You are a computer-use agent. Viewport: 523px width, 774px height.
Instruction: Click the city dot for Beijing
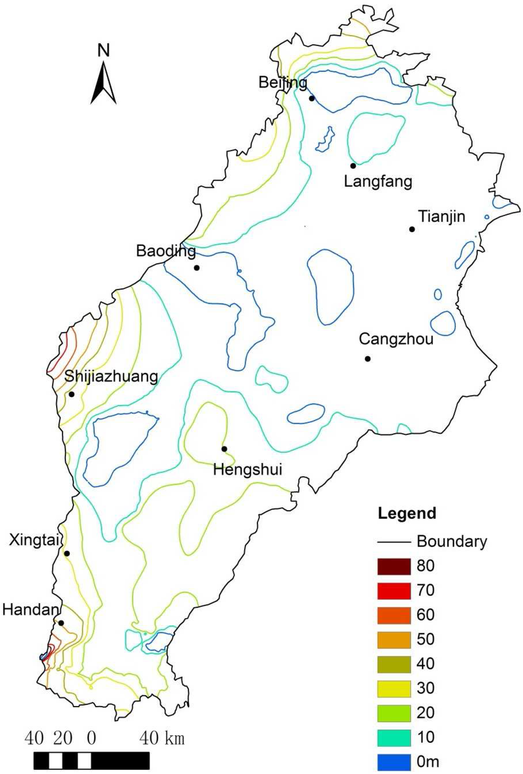[312, 98]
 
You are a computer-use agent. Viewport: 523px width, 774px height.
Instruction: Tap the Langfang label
[377, 181]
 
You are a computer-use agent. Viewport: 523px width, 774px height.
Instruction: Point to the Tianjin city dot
[412, 229]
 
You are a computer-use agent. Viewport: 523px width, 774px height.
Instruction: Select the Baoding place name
[165, 251]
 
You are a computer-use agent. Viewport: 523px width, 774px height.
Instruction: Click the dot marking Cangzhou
[368, 359]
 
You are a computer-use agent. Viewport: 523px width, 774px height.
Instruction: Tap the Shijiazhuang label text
[111, 377]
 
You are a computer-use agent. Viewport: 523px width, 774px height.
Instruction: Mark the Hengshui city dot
[224, 449]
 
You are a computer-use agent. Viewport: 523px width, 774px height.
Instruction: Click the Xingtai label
[34, 540]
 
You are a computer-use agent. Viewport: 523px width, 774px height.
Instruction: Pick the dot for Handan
[61, 622]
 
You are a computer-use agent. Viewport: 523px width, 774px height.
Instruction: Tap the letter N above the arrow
[104, 50]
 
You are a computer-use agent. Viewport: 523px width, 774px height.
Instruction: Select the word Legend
[407, 513]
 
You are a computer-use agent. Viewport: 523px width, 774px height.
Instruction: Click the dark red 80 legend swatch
[394, 566]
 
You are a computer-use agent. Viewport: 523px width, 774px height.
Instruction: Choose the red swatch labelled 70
[394, 590]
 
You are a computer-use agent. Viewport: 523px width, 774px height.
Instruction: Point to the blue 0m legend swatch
[394, 762]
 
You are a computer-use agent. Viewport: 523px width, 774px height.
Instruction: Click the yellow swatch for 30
[394, 688]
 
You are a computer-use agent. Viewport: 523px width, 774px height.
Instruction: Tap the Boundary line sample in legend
[394, 542]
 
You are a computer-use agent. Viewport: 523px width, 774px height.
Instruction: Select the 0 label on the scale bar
[91, 738]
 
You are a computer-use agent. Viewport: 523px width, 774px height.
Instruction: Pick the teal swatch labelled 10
[394, 737]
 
